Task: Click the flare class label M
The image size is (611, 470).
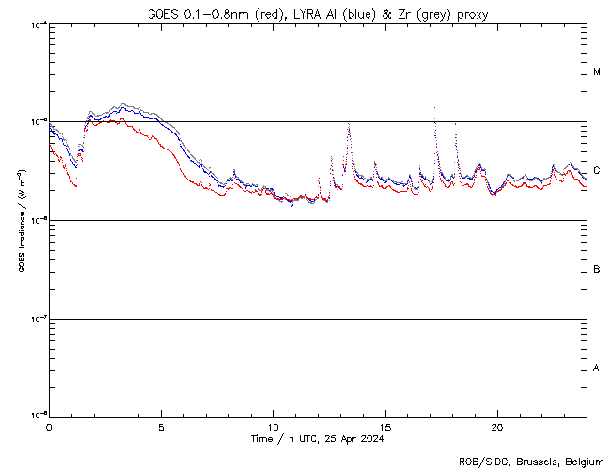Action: click(597, 72)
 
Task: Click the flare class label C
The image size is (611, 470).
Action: click(597, 171)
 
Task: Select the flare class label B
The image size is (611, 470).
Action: click(597, 270)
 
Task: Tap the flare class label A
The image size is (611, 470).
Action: click(597, 368)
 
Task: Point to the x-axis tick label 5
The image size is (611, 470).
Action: click(162, 426)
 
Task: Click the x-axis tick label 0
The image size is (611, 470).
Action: click(49, 426)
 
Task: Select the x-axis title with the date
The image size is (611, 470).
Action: click(318, 439)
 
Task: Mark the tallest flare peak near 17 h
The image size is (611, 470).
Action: click(434, 107)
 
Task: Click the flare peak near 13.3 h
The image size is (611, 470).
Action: click(349, 124)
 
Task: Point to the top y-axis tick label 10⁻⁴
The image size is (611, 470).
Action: click(36, 23)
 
